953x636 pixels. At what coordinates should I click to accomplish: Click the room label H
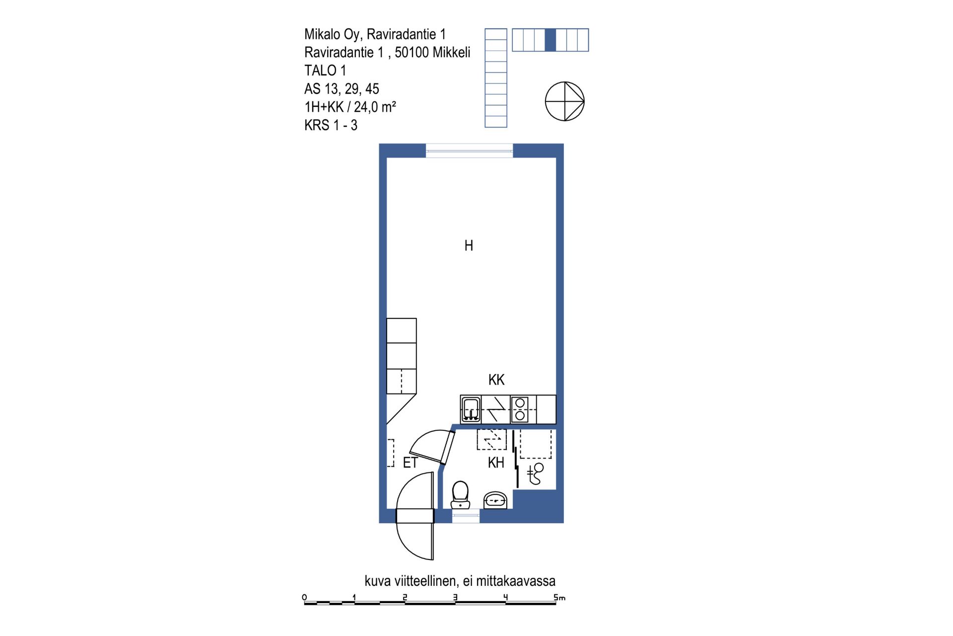[x=469, y=245]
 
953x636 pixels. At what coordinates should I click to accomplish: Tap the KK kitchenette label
[x=496, y=380]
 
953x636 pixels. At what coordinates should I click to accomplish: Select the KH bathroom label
[x=496, y=463]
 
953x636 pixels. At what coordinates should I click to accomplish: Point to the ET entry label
[x=410, y=463]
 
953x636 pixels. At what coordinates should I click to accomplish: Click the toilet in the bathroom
[x=460, y=494]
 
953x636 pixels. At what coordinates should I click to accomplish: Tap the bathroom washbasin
[x=495, y=500]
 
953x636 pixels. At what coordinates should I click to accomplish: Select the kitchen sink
[x=470, y=409]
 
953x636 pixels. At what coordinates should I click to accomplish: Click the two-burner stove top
[x=520, y=409]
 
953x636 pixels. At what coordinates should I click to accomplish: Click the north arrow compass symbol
[x=565, y=101]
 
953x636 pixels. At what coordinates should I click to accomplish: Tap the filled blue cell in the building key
[x=550, y=40]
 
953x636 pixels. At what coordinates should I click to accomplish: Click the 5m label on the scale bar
[x=559, y=597]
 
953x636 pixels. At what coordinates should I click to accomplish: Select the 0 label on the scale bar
[x=304, y=597]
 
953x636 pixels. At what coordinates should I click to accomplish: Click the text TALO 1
[x=325, y=71]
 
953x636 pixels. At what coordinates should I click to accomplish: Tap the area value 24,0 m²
[x=375, y=107]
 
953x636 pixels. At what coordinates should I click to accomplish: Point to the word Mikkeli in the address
[x=451, y=52]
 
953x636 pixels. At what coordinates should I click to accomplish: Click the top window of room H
[x=469, y=151]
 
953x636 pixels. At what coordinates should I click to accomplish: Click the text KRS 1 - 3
[x=331, y=125]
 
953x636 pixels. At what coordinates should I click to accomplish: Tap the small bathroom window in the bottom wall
[x=466, y=516]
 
